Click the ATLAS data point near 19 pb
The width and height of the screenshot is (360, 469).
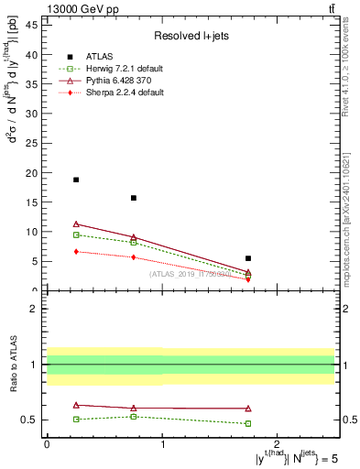pyautogui.click(x=76, y=180)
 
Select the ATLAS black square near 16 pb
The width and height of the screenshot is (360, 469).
pyautogui.click(x=134, y=198)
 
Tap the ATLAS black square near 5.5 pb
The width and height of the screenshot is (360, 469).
pyautogui.click(x=248, y=258)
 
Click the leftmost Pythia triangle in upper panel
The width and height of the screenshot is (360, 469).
pyautogui.click(x=76, y=224)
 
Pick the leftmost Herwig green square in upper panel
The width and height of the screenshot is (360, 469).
pyautogui.click(x=76, y=234)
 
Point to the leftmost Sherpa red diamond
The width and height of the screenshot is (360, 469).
pyautogui.click(x=76, y=251)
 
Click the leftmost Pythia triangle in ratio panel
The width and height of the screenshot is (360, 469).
pyautogui.click(x=76, y=405)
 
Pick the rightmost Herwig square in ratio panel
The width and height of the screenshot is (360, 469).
pyautogui.click(x=248, y=423)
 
